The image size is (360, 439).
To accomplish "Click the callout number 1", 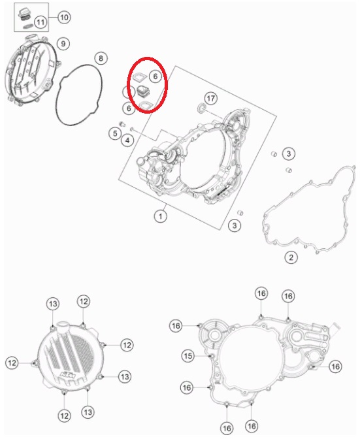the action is pos(161,216).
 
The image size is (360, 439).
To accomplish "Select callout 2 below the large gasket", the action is pos(291,257).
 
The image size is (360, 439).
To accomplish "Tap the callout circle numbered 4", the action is pos(127,140).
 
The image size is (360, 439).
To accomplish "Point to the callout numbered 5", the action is pos(115,133).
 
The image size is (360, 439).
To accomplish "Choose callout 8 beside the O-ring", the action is pos(101,58).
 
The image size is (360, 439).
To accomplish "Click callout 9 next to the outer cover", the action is pos(63,43).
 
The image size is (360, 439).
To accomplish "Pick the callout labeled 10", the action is pos(64,18).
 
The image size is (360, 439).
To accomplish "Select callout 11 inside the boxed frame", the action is pos(41,22).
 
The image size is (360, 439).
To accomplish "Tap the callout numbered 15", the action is pos(188,355).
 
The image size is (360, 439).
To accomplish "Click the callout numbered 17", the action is pos(211,98).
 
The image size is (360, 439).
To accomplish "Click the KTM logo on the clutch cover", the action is pos(69,374).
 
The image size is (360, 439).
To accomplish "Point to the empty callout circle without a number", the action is pos(128,92).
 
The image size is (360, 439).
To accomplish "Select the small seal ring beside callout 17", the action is pos(201,108).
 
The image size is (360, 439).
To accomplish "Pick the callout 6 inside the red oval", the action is pos(155,76).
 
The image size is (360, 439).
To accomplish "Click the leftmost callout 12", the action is pos(12,363).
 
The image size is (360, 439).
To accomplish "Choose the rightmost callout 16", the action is pos(335,366).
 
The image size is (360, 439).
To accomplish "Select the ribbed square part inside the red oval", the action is pos(143,92).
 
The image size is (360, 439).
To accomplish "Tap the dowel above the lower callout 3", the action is pos(240,213).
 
